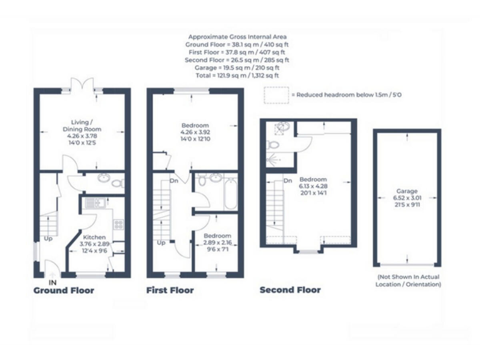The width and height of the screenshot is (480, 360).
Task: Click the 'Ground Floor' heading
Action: point(64,290)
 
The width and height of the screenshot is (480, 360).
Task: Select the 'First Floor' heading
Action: point(169,290)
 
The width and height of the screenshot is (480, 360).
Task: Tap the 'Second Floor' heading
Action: point(290,289)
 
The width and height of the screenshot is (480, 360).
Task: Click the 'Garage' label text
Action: point(406,191)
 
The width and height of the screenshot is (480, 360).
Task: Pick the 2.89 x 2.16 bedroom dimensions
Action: point(217,242)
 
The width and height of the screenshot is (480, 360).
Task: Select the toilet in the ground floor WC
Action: point(116,183)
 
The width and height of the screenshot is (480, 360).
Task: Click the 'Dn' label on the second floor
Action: point(287,181)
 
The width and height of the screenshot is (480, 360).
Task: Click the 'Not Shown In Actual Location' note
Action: point(407,280)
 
